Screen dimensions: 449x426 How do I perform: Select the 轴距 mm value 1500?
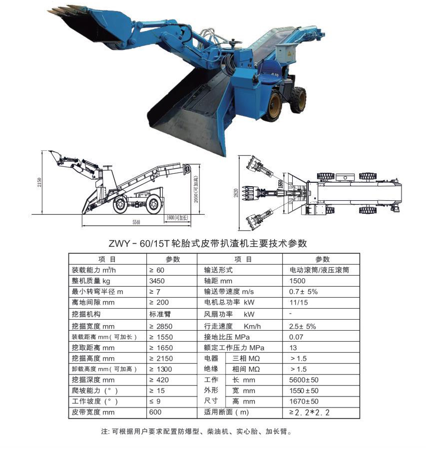(x=297, y=281)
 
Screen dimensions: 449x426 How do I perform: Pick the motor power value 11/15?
(x=298, y=303)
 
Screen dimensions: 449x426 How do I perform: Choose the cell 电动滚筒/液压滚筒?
(x=319, y=270)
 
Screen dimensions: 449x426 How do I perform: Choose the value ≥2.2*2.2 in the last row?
(x=310, y=413)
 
